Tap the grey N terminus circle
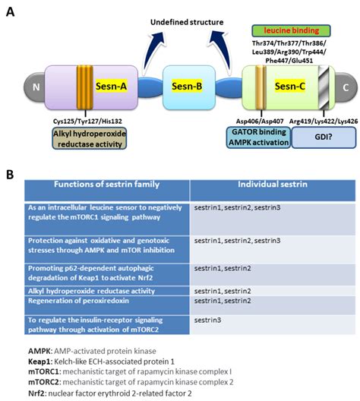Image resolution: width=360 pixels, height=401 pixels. (x=35, y=86)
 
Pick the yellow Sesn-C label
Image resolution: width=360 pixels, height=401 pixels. (x=287, y=86)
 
